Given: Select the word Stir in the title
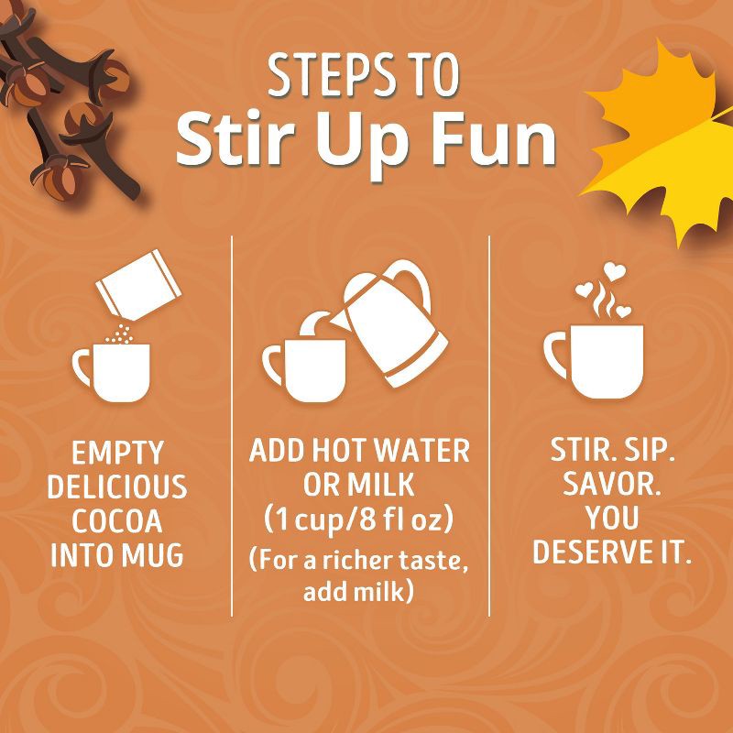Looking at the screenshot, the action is pyautogui.click(x=235, y=138).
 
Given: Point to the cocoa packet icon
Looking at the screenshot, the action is pyautogui.click(x=138, y=286).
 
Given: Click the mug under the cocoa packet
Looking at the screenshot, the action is pyautogui.click(x=112, y=372).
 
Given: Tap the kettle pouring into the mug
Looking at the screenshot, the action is pyautogui.click(x=390, y=323).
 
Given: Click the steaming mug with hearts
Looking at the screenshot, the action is pyautogui.click(x=594, y=360).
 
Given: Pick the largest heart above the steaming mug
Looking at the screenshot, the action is pyautogui.click(x=614, y=271).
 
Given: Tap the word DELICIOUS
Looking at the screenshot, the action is pyautogui.click(x=117, y=487).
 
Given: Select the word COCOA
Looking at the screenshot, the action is pyautogui.click(x=117, y=520).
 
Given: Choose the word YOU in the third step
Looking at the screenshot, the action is pyautogui.click(x=612, y=518).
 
